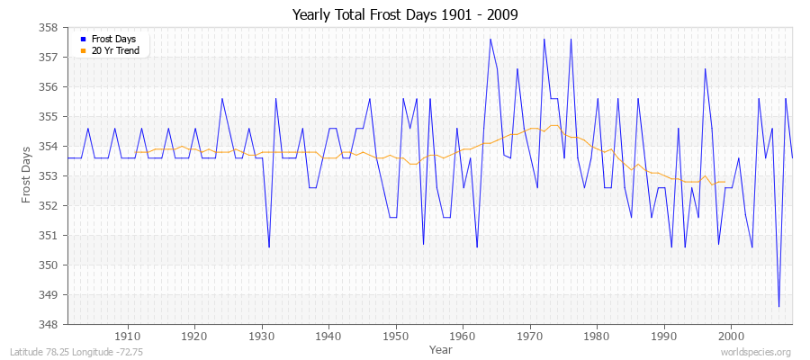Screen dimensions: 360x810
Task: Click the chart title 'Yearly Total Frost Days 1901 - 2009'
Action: pos(405,15)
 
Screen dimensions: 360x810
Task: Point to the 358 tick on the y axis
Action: pos(49,28)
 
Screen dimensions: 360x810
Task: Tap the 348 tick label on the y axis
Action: pos(49,324)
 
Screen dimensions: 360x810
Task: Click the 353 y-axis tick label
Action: pos(49,176)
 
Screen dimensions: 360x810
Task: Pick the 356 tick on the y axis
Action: pos(49,87)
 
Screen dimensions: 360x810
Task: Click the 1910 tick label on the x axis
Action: pos(128,337)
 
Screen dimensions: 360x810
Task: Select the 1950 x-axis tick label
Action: pos(396,337)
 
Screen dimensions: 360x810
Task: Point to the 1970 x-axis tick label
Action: pos(530,337)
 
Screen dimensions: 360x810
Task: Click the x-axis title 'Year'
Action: pos(441,349)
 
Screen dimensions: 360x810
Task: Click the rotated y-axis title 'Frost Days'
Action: pos(26,175)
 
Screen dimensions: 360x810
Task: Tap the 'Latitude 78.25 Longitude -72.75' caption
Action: pos(75,353)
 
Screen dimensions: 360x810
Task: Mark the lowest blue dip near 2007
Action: pos(778,306)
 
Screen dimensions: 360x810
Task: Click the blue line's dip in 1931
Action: pos(269,247)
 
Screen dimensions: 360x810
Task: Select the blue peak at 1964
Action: pos(490,39)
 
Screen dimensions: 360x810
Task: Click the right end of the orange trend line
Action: pos(724,182)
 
